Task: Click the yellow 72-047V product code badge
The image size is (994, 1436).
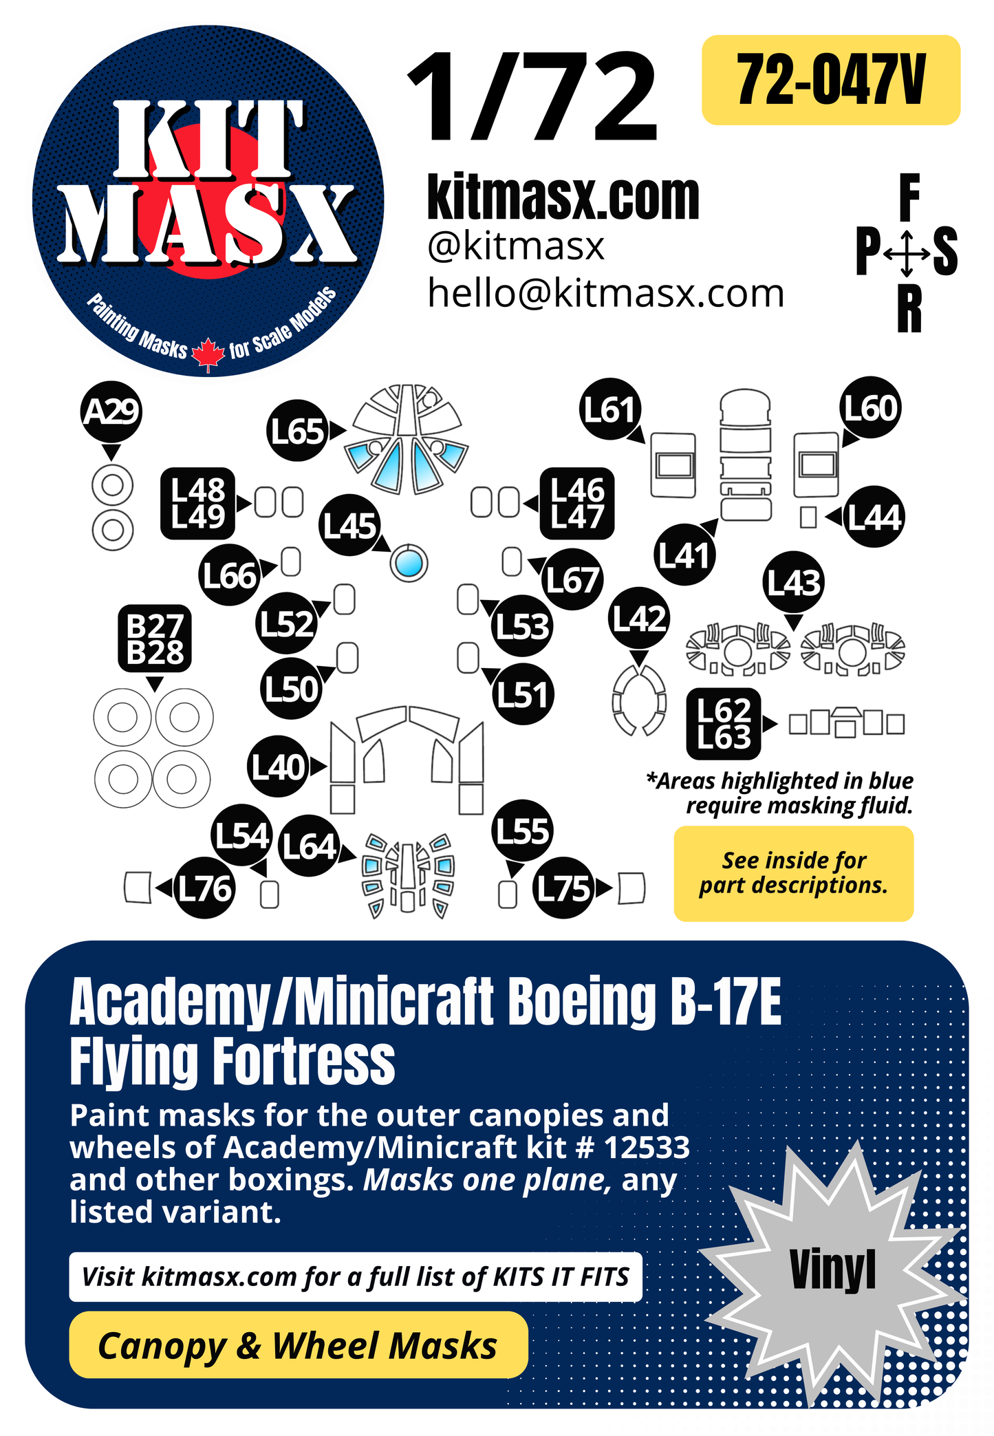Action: (830, 80)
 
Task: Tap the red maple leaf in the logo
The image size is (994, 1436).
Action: (208, 354)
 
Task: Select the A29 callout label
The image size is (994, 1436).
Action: (111, 411)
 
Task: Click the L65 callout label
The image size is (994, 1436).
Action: (297, 431)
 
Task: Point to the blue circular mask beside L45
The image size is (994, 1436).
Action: (409, 564)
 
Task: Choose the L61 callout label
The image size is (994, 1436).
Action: (609, 409)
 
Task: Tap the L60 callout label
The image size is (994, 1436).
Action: (871, 408)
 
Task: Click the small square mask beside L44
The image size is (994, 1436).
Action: (808, 517)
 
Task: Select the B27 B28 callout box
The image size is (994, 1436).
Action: (155, 639)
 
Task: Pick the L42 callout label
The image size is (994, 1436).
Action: (639, 619)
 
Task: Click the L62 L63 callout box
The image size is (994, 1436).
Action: (724, 723)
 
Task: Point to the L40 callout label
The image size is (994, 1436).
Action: (278, 767)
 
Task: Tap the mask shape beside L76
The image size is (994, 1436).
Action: (138, 887)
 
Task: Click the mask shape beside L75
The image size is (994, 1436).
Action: (631, 888)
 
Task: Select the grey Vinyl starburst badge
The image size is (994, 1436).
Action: (833, 1269)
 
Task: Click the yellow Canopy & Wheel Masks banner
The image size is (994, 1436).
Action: (298, 1345)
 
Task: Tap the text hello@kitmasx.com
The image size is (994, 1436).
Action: (605, 294)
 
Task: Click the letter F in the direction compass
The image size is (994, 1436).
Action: (909, 197)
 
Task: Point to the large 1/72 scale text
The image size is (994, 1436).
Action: (533, 98)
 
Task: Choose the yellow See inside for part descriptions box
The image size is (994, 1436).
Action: (793, 873)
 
